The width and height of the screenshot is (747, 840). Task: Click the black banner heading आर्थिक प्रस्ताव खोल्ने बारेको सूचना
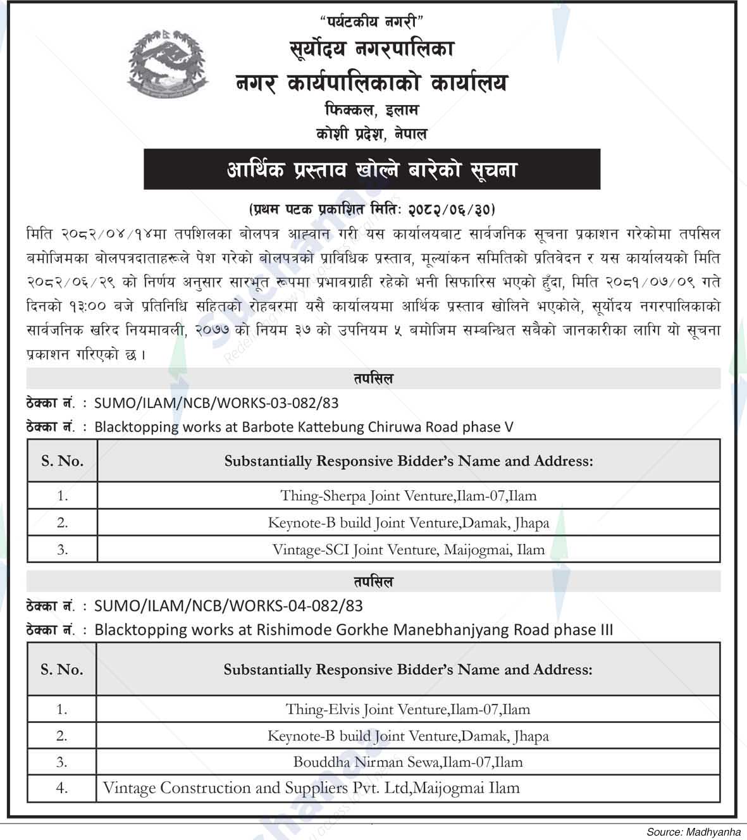(x=372, y=170)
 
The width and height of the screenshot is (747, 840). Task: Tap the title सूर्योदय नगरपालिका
(x=372, y=49)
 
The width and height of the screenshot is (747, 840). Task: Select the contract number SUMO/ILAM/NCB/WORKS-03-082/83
(x=216, y=403)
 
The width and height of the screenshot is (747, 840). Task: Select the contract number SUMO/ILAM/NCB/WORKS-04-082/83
(x=228, y=606)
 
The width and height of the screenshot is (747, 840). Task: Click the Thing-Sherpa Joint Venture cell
(x=408, y=496)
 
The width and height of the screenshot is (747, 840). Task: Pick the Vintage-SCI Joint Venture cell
(x=408, y=550)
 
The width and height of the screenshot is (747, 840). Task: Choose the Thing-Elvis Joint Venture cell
(x=408, y=709)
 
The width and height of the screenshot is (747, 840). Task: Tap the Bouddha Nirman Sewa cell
(x=408, y=762)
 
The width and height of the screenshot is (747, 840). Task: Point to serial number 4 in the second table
(x=61, y=788)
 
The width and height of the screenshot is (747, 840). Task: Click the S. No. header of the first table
(x=62, y=461)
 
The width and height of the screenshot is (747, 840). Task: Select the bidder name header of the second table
(x=408, y=670)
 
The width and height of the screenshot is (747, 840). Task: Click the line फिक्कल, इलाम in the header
(x=372, y=110)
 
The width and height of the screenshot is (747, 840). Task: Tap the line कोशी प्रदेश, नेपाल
(x=372, y=134)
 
